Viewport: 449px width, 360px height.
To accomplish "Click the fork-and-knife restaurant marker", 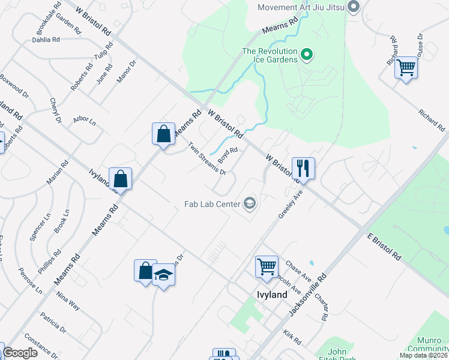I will (x=303, y=167).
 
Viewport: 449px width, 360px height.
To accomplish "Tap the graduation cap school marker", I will (x=163, y=275).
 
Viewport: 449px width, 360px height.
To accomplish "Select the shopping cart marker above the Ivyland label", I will (x=267, y=266).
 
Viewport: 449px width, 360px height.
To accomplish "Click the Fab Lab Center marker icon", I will (x=250, y=204).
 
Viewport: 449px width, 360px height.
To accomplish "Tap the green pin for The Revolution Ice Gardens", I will (x=307, y=55).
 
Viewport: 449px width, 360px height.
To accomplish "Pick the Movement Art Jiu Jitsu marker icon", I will (x=354, y=7).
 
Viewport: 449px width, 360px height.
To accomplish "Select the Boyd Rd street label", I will (x=228, y=155).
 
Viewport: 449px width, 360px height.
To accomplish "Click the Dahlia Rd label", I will (x=46, y=40).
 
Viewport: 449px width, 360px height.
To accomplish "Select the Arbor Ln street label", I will (x=85, y=121).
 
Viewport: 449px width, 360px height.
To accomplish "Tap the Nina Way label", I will (x=67, y=299).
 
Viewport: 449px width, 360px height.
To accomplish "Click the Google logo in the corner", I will (x=20, y=353).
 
